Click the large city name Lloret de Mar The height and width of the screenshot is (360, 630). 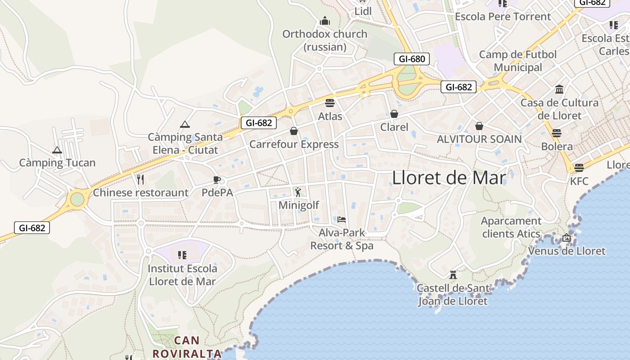coord(449,178)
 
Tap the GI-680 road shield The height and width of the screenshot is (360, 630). coord(411,59)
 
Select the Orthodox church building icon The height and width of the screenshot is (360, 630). coord(325,21)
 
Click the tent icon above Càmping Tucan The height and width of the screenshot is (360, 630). coord(57,150)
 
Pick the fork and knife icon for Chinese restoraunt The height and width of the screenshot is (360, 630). coord(140,180)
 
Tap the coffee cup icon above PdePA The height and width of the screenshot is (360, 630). coord(217,180)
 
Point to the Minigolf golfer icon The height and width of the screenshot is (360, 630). coord(298,192)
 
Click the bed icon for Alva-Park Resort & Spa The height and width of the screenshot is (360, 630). coord(342,220)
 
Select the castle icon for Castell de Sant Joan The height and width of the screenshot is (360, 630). coord(453,274)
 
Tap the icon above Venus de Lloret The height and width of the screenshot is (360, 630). coord(567,238)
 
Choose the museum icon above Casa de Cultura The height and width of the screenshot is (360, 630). coord(559,89)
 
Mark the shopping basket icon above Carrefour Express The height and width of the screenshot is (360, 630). coord(294,131)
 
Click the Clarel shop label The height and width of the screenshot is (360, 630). coord(394,127)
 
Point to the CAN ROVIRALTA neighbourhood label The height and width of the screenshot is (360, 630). coord(187,347)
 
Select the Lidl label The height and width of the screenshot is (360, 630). coord(363,11)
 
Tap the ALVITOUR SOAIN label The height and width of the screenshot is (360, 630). coord(479,139)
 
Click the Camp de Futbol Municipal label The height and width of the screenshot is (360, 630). coord(518,61)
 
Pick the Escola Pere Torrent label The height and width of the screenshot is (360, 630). coord(503,17)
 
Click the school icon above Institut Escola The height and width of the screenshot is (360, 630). coord(182,255)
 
